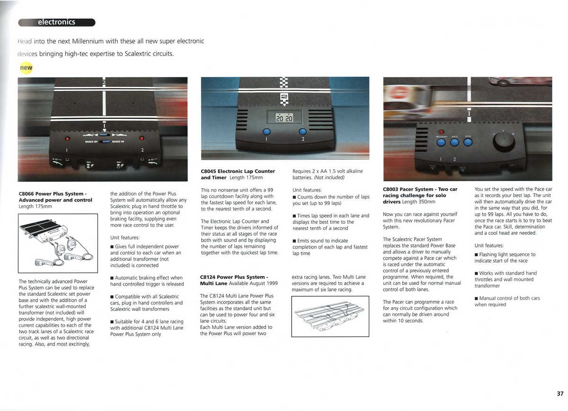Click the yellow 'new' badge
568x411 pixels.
coord(26,68)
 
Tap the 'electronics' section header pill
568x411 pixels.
coord(56,22)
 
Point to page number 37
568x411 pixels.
coord(560,393)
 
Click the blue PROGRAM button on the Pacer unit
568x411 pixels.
coord(441,142)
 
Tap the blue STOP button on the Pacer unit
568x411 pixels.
coord(468,142)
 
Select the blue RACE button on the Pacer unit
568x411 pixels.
coord(454,142)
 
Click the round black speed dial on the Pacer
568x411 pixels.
coord(504,141)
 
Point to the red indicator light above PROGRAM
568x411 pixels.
coord(441,133)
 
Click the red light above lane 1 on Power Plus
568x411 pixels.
coord(67,139)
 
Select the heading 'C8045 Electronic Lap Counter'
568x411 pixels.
coord(238,171)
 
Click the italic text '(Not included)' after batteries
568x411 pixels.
coord(330,178)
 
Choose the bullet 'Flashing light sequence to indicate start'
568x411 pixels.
coord(505,257)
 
